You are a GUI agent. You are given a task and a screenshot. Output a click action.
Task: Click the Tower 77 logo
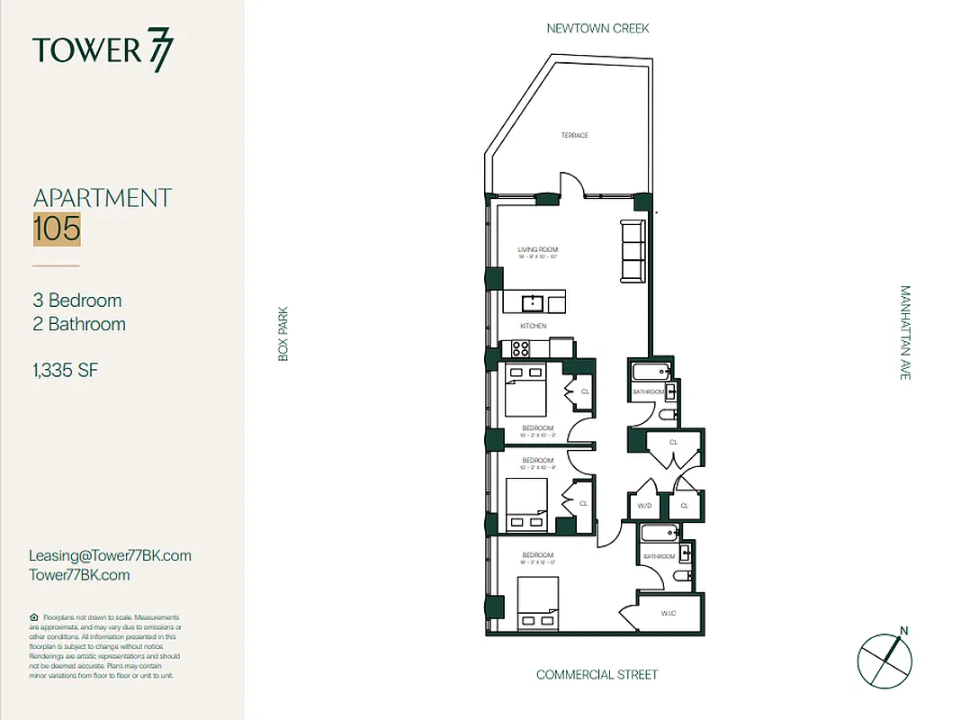pos(103,50)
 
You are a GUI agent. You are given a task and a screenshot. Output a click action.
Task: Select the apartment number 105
pos(57,229)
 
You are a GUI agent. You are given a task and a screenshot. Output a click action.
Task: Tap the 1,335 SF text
pos(66,369)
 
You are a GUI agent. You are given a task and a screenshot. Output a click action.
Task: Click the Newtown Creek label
pos(597,29)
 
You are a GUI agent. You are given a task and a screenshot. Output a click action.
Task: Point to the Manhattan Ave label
pos(904,333)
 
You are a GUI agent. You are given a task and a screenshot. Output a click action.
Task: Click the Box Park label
pos(283,337)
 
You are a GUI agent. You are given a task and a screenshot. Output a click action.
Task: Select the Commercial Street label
pos(597,675)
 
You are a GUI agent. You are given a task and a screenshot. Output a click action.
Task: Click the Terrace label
pos(574,136)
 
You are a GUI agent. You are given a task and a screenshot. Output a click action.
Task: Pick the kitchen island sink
pos(534,301)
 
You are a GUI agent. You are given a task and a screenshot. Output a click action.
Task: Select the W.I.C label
pos(668,615)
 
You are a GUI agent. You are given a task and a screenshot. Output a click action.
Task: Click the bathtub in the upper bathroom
pos(649,371)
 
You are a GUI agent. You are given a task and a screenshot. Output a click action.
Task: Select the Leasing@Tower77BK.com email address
pos(110,556)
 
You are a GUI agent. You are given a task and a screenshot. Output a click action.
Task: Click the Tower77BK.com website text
pos(79,575)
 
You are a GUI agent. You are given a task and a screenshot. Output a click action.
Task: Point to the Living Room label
pos(538,249)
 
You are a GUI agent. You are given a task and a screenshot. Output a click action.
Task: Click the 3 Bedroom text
pos(77,301)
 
